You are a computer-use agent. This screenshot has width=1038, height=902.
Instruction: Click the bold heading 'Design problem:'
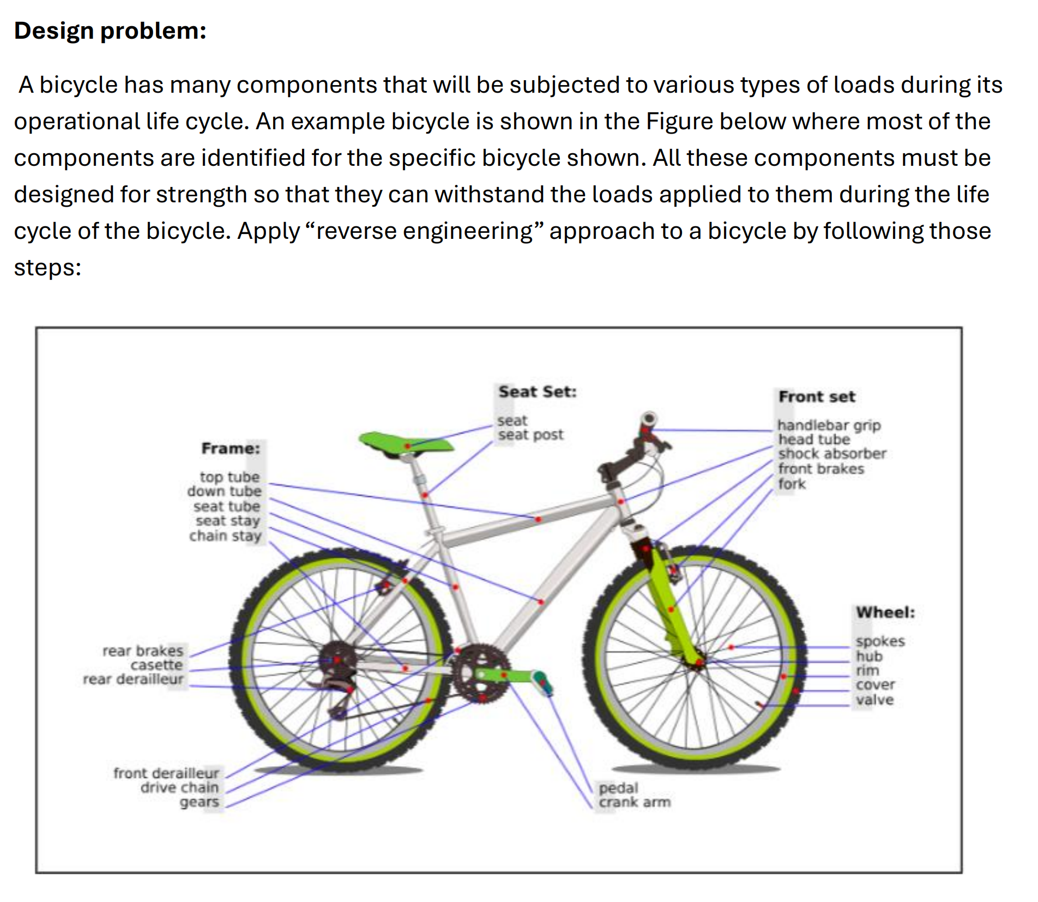click(x=110, y=31)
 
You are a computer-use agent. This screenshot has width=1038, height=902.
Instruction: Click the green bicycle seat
click(x=406, y=442)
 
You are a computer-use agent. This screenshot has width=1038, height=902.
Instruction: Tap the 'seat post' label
click(x=530, y=435)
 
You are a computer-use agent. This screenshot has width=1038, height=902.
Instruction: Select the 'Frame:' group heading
click(x=231, y=448)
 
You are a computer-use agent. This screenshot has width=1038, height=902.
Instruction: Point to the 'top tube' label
click(x=230, y=477)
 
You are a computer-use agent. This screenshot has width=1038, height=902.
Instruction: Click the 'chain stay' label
click(x=225, y=536)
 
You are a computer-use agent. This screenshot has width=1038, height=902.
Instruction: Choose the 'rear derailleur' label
click(x=133, y=679)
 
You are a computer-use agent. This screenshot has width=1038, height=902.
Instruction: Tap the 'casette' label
click(x=156, y=665)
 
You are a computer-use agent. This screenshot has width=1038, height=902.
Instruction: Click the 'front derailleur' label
click(x=166, y=773)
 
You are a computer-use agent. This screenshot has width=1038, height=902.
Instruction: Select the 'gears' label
click(x=199, y=802)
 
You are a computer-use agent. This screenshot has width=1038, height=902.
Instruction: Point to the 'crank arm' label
click(x=634, y=802)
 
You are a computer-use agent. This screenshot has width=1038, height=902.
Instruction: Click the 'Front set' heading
click(x=817, y=396)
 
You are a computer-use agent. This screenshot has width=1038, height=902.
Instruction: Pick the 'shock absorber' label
click(x=831, y=454)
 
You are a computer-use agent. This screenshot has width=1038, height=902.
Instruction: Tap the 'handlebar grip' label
click(x=829, y=425)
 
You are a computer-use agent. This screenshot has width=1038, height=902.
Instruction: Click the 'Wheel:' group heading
click(x=885, y=612)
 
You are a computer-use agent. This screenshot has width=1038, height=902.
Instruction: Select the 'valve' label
click(x=874, y=700)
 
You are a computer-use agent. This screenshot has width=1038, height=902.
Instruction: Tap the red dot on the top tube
click(x=538, y=519)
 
